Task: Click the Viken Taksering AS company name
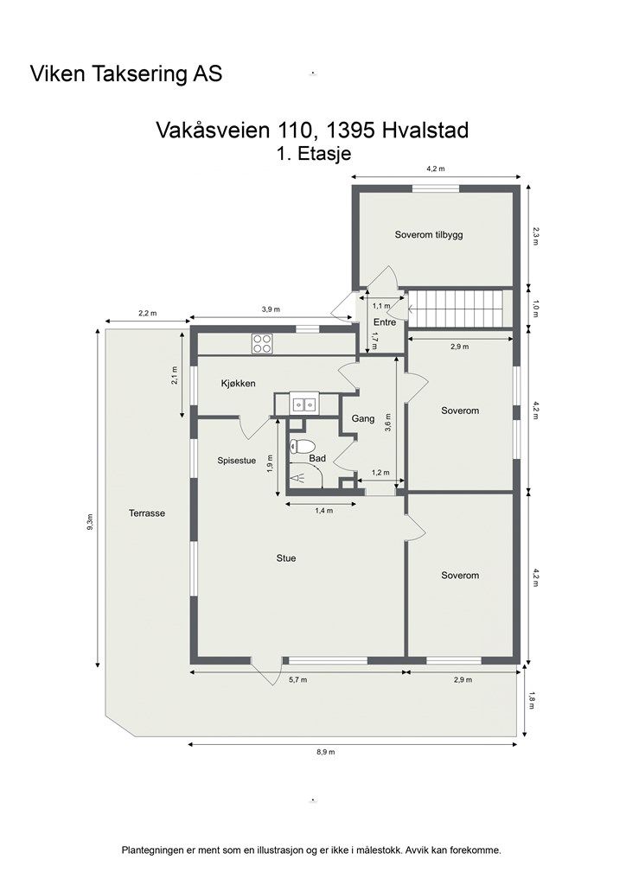coord(126,74)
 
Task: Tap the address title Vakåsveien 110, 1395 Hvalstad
coord(312,131)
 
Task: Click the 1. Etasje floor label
coord(313,154)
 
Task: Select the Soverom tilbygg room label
coord(429,234)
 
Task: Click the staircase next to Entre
coord(456,309)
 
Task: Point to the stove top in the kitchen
coord(262,343)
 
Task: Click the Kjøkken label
coord(238,383)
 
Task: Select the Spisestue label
coord(237,461)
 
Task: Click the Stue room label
coord(286,558)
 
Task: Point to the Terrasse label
coord(147,513)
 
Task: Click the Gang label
coord(363,419)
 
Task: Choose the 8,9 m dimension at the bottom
coord(325,753)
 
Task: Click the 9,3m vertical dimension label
coord(91,521)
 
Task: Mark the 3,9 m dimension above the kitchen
coord(271,309)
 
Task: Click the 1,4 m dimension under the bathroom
coord(323,511)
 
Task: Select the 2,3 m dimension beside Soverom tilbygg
coord(536,236)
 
